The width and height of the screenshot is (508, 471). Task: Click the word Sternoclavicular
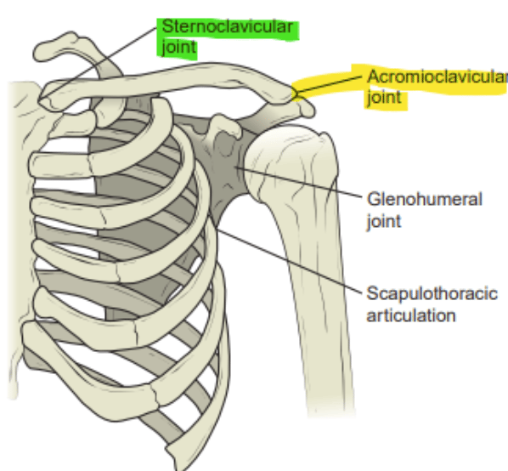(x=228, y=26)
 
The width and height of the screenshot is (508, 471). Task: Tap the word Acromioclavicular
(x=437, y=77)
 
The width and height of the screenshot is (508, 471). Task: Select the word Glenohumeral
(x=425, y=199)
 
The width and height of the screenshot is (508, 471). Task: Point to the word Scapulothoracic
(x=432, y=293)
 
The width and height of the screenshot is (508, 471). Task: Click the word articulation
(x=411, y=315)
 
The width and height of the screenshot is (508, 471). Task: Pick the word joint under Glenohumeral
(x=384, y=222)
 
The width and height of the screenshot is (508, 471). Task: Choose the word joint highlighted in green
(x=179, y=48)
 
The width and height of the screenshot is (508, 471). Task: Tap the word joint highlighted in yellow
(x=385, y=97)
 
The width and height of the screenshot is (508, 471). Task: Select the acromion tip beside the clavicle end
(x=306, y=109)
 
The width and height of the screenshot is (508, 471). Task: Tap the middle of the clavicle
(x=168, y=81)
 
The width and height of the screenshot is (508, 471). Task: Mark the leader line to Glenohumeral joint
(x=299, y=182)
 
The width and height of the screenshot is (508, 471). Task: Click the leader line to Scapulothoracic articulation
(x=289, y=260)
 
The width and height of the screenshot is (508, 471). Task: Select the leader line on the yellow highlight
(x=328, y=85)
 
